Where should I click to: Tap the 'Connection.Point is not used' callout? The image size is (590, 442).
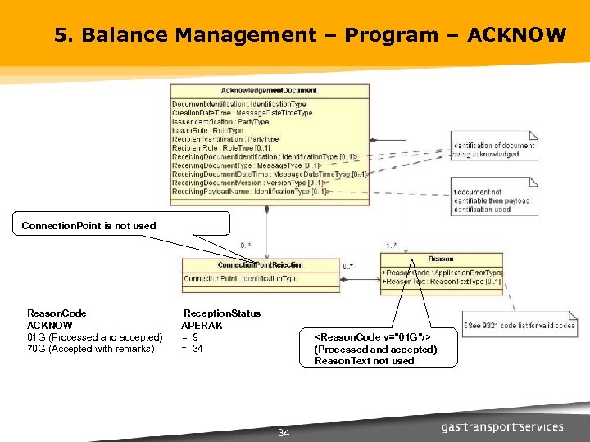88,225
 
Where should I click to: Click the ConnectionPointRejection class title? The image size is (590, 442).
260,265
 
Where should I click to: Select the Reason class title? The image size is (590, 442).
440,259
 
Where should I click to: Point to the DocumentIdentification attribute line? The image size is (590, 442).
239,105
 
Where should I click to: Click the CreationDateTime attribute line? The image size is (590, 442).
242,113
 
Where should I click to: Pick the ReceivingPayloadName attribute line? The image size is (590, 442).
250,192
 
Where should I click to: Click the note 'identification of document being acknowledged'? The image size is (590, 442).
493,150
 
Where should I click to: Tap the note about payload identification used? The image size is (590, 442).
492,201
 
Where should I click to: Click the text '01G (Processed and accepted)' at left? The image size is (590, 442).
95,337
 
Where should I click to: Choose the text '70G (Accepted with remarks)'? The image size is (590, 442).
90,349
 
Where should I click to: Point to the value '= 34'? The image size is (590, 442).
192,349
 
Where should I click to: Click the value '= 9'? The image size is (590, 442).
189,337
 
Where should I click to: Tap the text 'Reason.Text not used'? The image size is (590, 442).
365,361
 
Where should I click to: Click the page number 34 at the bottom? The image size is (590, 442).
284,432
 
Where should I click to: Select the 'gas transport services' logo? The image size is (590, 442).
502,426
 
